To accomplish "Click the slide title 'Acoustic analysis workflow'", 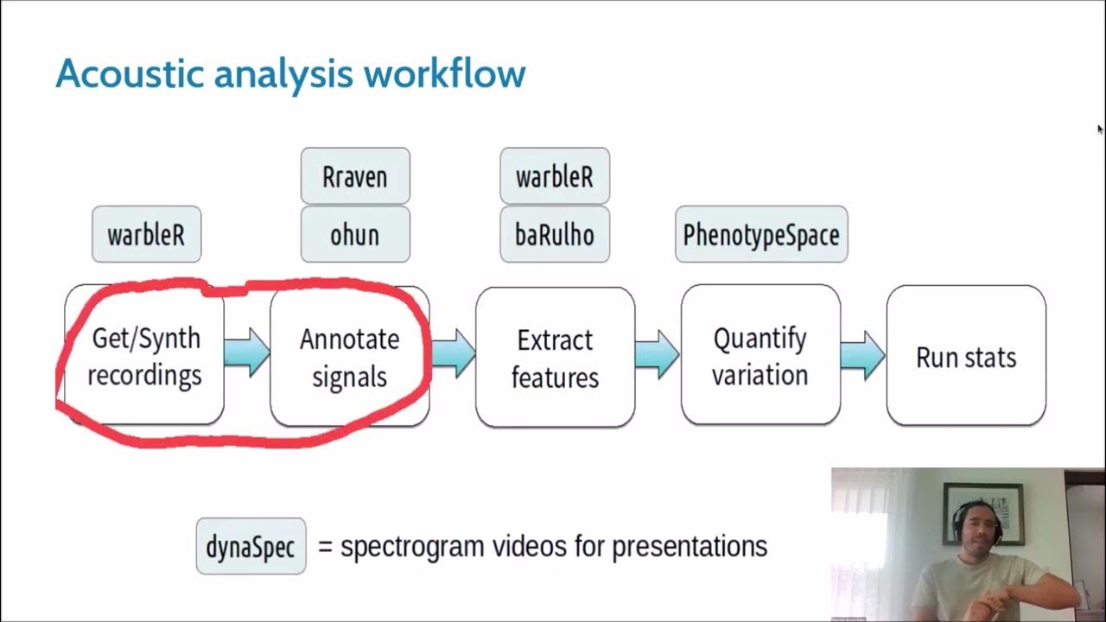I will [x=290, y=74].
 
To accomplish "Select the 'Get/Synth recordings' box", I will [x=144, y=356].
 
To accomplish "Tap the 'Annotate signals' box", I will [x=349, y=357].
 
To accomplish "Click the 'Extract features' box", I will [x=555, y=357].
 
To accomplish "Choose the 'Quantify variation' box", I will [x=760, y=355].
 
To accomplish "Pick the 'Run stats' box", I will [x=966, y=356].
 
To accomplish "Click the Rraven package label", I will [x=355, y=176].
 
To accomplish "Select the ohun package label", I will [x=355, y=234].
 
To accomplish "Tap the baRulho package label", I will [x=555, y=234].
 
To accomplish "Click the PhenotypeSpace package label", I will [x=761, y=234].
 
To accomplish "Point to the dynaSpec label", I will [x=251, y=546].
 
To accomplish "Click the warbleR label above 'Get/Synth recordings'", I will [x=146, y=234].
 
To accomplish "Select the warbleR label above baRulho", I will [x=555, y=176].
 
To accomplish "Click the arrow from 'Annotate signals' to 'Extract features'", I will [x=454, y=353].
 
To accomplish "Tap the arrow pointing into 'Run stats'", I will [x=862, y=354].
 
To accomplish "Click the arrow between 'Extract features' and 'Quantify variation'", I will [x=657, y=354].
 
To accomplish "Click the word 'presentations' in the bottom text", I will [x=689, y=546].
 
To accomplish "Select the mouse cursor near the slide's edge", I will [x=1100, y=130].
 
